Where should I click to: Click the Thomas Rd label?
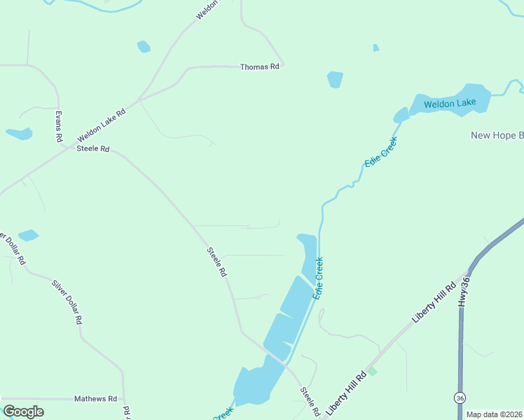coord(259,67)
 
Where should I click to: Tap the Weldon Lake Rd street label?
coord(102,124)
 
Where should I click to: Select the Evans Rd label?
coord(59,127)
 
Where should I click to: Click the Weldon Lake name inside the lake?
coord(450,104)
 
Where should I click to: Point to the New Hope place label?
coord(497,135)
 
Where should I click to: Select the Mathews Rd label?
coord(95,399)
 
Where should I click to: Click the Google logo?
coord(23,412)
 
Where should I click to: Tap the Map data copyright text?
coord(495,414)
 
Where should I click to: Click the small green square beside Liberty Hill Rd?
coord(372,371)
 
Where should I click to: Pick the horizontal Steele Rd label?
coord(93,148)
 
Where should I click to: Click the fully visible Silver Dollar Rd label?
coord(67,302)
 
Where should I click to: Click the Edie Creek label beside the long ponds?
coord(318,279)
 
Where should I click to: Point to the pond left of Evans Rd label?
coord(19,133)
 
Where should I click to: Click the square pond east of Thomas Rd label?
coord(335,80)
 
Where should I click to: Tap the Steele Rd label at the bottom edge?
coord(310,400)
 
